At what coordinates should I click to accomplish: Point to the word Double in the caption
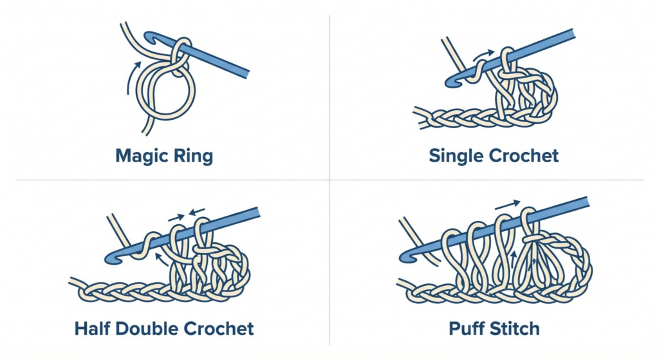pyautogui.click(x=151, y=329)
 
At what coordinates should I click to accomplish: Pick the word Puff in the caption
pyautogui.click(x=468, y=329)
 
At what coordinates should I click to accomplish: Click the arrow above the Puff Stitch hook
pyautogui.click(x=508, y=205)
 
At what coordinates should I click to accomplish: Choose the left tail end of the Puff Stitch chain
pyautogui.click(x=400, y=283)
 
